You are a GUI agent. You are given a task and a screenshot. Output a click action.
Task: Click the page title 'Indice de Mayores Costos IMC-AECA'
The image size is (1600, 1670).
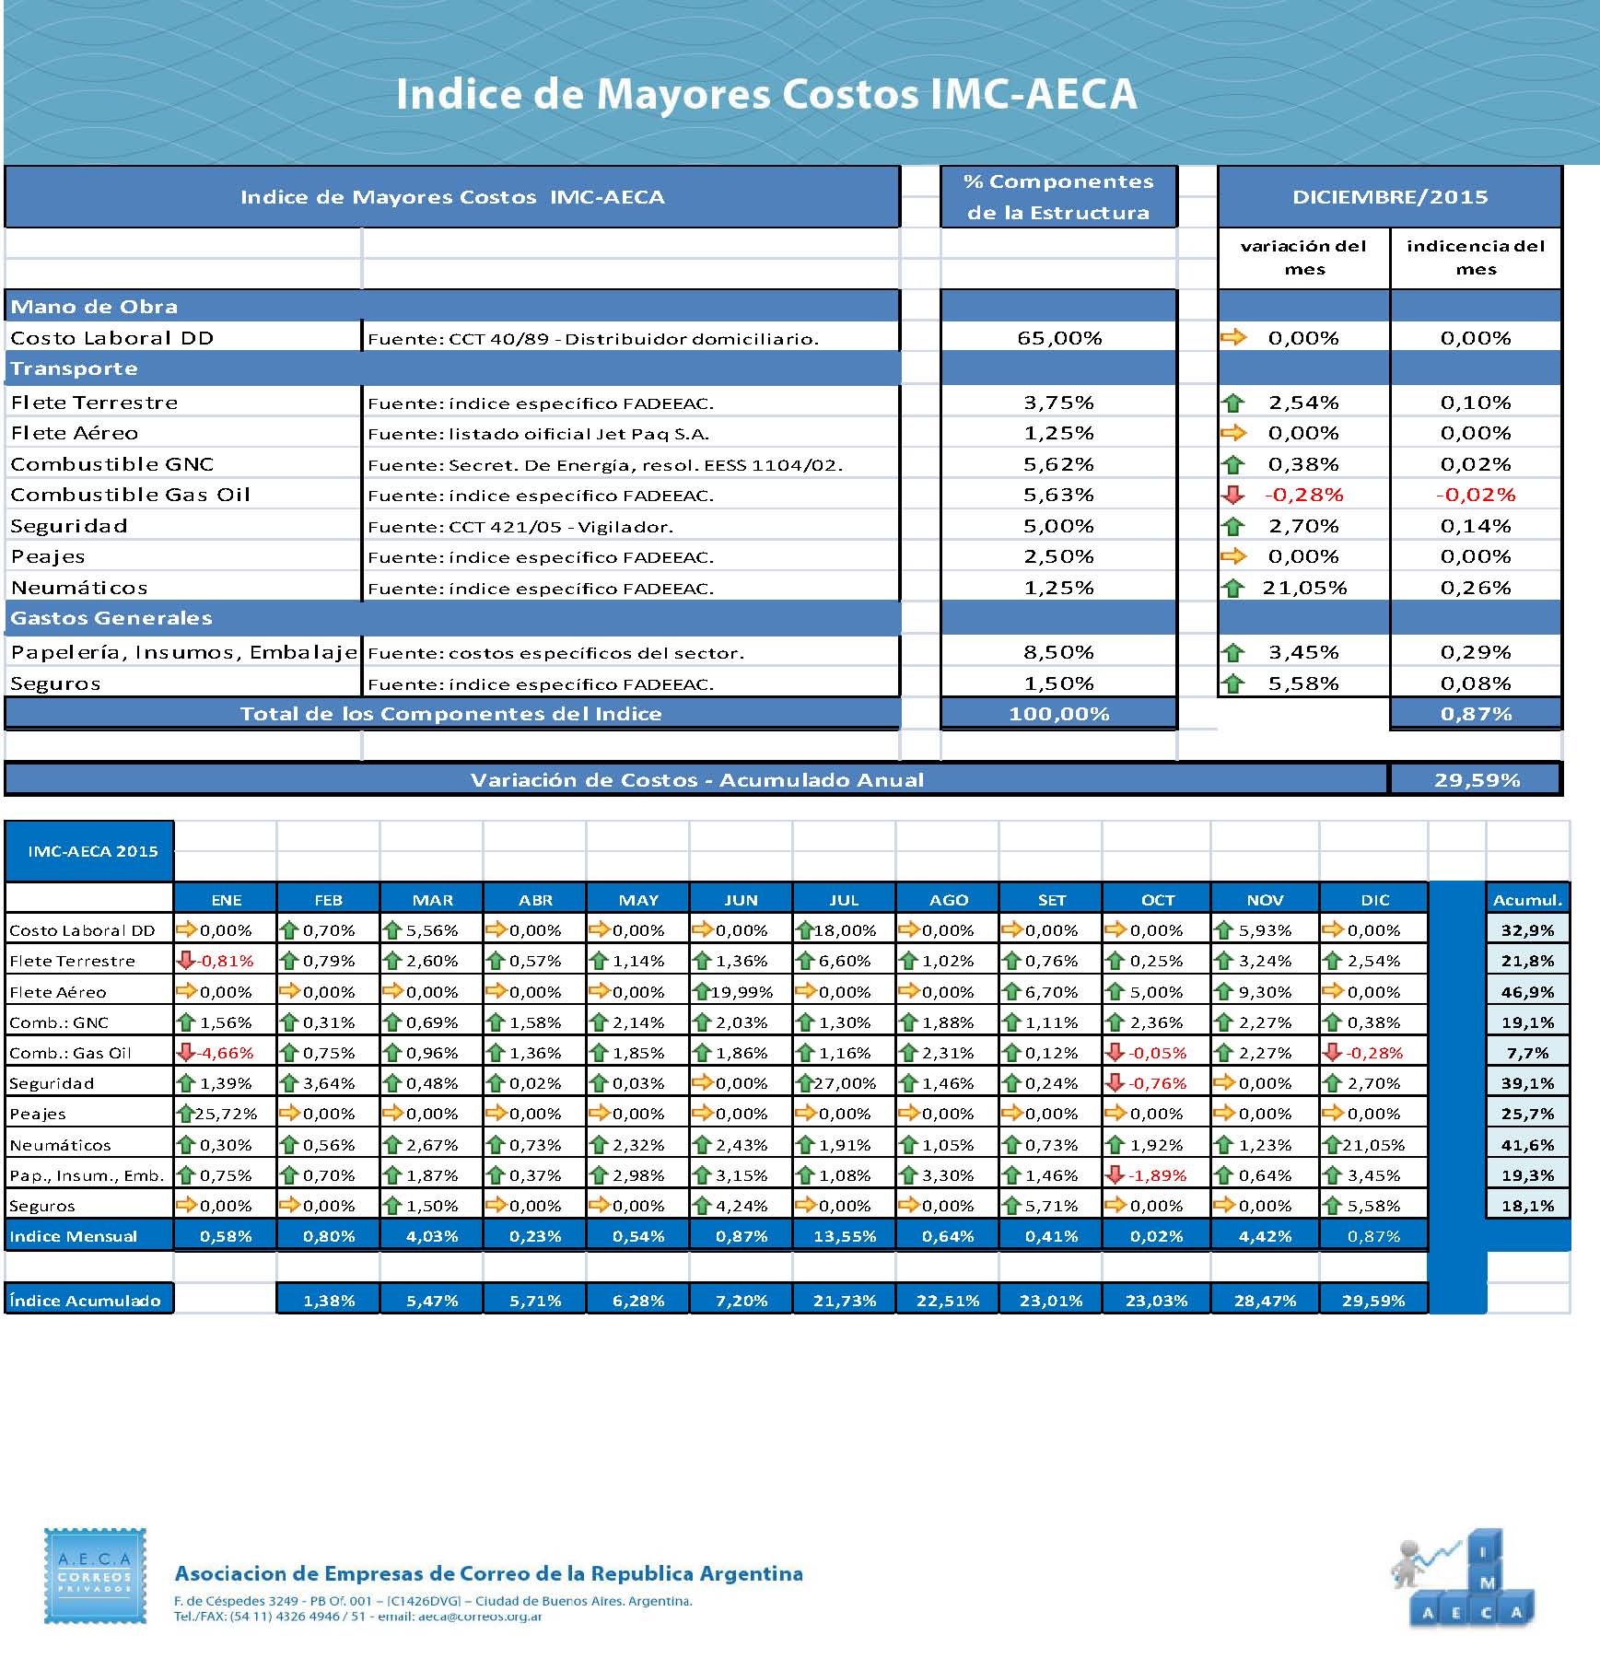(766, 95)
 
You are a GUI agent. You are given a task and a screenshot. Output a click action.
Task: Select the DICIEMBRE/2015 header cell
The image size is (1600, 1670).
(1389, 196)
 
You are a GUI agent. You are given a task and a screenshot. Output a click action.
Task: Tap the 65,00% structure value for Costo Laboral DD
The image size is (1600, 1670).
(1059, 338)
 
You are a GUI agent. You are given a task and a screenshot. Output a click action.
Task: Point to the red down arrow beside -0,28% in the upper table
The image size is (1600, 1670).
(1232, 495)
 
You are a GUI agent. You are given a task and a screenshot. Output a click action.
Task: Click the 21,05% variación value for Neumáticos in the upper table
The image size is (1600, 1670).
(1304, 588)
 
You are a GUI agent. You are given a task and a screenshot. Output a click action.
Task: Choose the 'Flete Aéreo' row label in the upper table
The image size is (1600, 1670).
(75, 433)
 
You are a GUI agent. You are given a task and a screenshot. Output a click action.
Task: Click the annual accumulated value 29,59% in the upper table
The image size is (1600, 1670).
(1476, 780)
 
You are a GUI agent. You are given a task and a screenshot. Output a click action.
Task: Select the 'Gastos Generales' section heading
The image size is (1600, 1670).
(111, 618)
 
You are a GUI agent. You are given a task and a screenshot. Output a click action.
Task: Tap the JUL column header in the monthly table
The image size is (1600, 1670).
(844, 900)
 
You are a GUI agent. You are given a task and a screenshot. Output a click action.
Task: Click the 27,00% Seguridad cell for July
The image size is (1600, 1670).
(845, 1083)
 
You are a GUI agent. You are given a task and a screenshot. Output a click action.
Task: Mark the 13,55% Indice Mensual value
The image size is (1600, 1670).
(845, 1236)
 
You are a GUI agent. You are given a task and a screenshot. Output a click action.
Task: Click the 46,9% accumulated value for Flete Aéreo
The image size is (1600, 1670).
(1527, 992)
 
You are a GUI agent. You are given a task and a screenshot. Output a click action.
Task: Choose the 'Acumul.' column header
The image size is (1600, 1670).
(1527, 900)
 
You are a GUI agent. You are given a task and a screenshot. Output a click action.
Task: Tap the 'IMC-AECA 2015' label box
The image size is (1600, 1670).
(92, 851)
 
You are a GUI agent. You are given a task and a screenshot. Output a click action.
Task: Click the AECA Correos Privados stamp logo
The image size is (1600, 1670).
(95, 1576)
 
